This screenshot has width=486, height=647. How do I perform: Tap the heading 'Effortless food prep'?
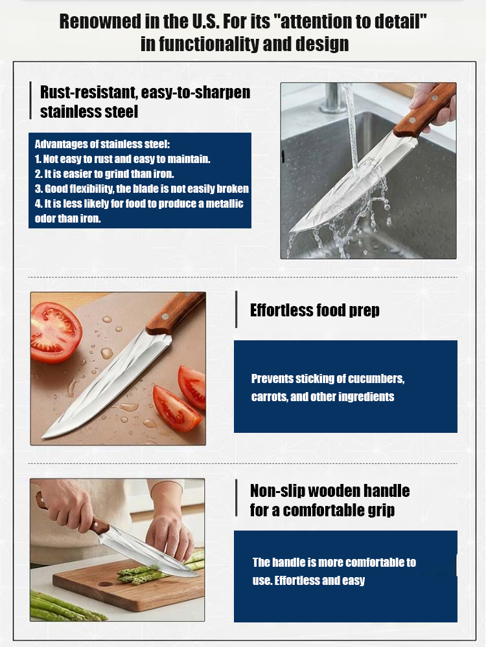[x=314, y=311]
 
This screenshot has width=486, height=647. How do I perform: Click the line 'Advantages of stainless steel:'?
[x=102, y=144]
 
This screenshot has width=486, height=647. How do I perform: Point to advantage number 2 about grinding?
[x=104, y=173]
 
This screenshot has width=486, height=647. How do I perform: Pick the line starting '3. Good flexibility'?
[x=141, y=189]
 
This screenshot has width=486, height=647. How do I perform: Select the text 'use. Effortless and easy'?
[x=308, y=580]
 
